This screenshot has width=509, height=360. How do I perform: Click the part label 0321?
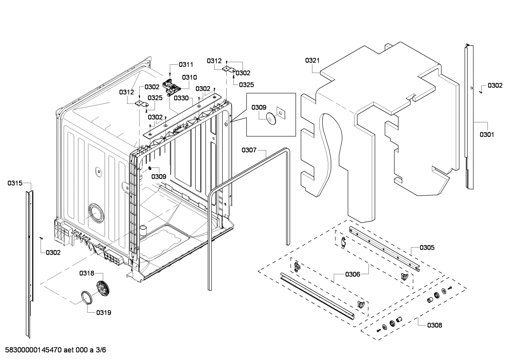tap(312, 60)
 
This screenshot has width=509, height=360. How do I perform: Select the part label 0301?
tap(487, 135)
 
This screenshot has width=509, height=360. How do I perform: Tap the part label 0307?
tap(249, 150)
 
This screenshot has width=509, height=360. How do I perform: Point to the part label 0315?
tap(15, 183)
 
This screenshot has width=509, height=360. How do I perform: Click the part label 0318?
tap(86, 273)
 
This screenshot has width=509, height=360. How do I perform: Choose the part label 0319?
tap(103, 313)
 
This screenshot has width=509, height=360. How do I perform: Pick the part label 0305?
tap(427, 248)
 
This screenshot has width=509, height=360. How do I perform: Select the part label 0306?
tap(352, 275)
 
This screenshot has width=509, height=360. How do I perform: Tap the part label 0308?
tap(434, 325)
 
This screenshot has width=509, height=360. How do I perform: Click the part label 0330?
tap(181, 98)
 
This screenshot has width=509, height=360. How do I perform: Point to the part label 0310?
tap(190, 77)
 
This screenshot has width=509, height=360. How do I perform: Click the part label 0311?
tap(186, 64)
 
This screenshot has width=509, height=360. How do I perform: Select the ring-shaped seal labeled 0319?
tap(86, 297)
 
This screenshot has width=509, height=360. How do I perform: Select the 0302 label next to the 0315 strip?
tap(53, 253)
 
